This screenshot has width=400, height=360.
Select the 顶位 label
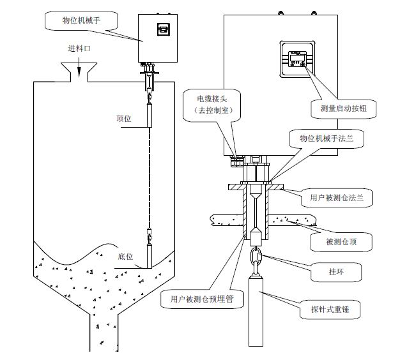tap(124, 119)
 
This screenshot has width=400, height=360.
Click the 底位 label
tap(125, 257)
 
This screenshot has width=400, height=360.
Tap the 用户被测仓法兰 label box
tap(337, 198)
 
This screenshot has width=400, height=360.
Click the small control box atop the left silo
tap(157, 38)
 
